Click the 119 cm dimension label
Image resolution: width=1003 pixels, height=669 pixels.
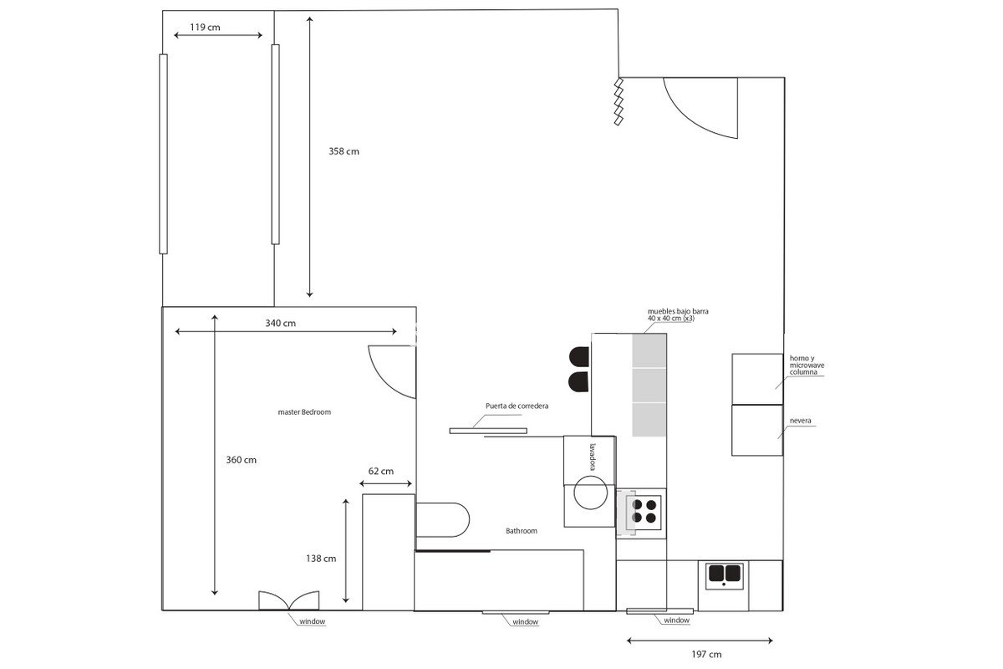point(205,28)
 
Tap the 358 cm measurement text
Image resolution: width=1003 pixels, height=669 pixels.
point(344,151)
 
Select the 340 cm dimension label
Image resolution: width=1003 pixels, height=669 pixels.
point(280,323)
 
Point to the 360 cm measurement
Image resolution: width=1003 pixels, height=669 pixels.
point(241,460)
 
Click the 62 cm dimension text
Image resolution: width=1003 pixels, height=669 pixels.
point(380,471)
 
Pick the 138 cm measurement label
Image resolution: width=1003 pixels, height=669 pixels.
point(321,559)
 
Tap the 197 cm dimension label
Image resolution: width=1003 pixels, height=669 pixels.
point(706,654)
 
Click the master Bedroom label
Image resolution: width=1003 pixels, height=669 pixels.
point(304,411)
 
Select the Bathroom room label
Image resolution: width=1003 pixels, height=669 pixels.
point(522,531)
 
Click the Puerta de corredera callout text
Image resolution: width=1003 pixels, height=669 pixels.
point(517,406)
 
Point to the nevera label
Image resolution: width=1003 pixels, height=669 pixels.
point(800,421)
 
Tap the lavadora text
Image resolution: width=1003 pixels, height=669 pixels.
point(593,457)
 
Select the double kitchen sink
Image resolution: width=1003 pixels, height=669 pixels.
point(724,576)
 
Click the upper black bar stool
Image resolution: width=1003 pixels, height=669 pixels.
point(579,357)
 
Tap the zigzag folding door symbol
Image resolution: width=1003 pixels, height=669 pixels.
point(619,102)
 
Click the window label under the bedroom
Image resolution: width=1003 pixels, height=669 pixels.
point(312,621)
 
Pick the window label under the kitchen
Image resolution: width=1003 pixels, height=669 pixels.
point(676,620)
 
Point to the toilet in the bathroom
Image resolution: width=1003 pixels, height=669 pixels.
point(442,520)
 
